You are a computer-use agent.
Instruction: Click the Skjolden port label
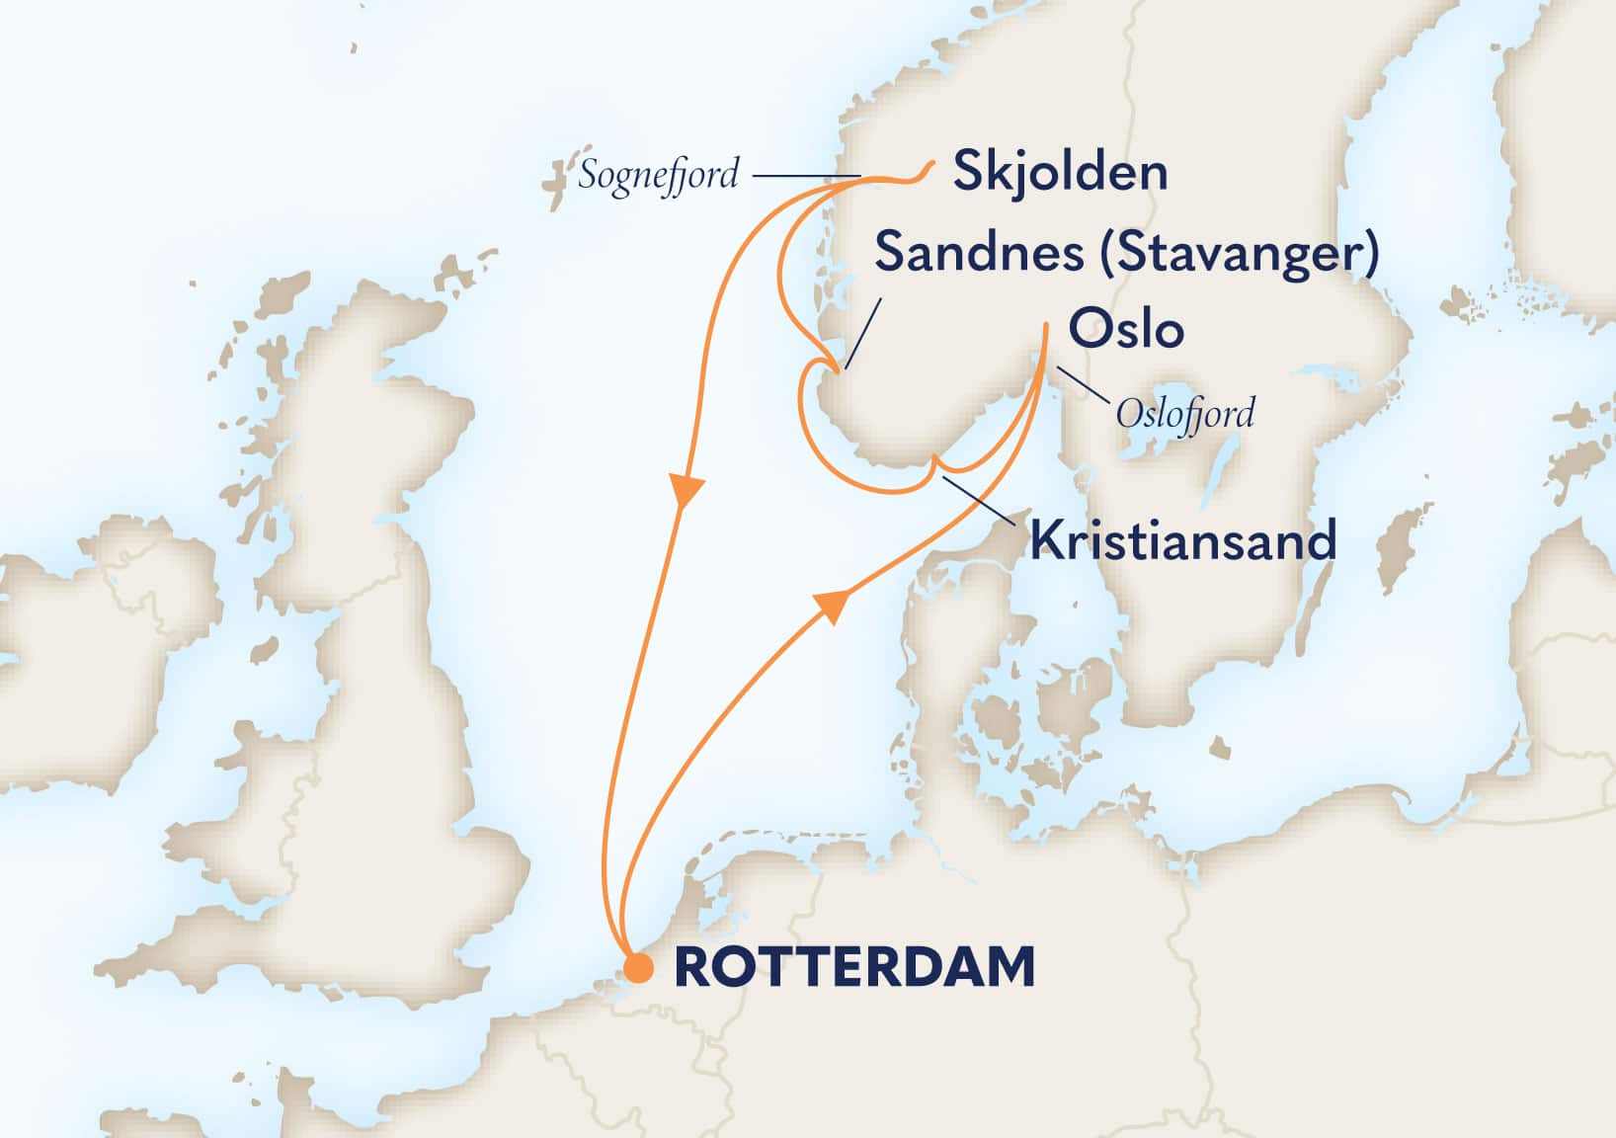click(x=1059, y=173)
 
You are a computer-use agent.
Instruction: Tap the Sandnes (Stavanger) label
click(x=1126, y=253)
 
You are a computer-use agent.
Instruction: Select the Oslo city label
click(x=1126, y=329)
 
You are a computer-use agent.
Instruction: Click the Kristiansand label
click(x=1182, y=541)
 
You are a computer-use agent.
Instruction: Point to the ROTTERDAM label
click(x=853, y=967)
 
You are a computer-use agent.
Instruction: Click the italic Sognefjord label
click(x=658, y=176)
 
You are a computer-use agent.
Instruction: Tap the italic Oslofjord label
click(x=1184, y=413)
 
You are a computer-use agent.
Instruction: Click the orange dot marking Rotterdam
click(x=639, y=968)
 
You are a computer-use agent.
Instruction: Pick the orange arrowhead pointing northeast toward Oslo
click(x=833, y=604)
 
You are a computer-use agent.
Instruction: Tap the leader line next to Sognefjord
click(x=805, y=177)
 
